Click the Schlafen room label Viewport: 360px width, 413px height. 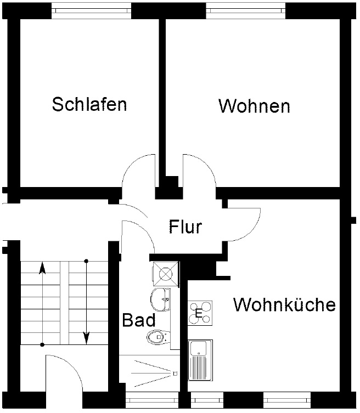click(x=89, y=104)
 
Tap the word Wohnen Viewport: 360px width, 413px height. click(x=254, y=106)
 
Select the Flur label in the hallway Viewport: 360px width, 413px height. click(x=185, y=227)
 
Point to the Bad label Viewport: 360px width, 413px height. click(x=138, y=320)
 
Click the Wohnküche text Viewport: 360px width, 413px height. click(x=284, y=304)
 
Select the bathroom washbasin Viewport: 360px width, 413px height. click(x=160, y=298)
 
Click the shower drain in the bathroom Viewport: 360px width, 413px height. click(x=175, y=374)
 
